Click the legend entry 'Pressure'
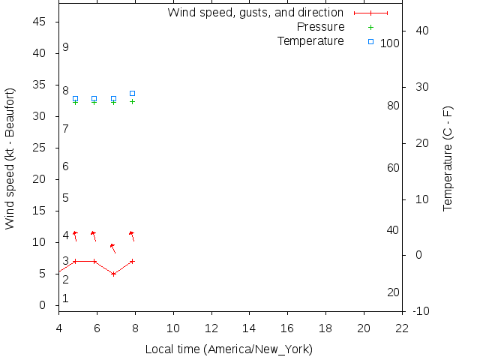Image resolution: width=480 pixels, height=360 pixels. [x=320, y=27]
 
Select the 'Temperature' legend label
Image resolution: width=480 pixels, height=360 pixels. [x=310, y=40]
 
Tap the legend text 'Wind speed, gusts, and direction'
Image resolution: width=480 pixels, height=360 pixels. [x=256, y=13]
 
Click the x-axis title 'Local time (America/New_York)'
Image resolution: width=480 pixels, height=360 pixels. [x=229, y=349]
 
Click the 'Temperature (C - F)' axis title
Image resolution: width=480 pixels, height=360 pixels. [x=448, y=158]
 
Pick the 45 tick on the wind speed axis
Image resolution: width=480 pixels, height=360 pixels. [x=40, y=22]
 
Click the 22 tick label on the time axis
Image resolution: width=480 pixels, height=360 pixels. [x=403, y=328]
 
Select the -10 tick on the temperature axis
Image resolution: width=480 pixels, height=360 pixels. [x=421, y=311]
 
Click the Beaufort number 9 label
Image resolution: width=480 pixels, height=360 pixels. [x=66, y=47]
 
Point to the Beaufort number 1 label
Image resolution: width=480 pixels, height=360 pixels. [x=66, y=298]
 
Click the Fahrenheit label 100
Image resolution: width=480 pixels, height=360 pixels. [x=390, y=43]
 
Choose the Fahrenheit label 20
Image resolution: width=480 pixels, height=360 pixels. [x=393, y=292]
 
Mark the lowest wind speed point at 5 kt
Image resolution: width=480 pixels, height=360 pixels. [x=113, y=274]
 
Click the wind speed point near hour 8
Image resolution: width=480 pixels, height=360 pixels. [x=132, y=261]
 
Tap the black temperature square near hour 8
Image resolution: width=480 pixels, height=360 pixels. [x=132, y=93]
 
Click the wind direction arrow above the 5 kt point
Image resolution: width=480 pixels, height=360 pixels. [x=113, y=248]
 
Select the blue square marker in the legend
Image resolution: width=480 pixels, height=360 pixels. [x=370, y=41]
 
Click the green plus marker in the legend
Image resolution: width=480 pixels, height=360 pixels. [x=370, y=27]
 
